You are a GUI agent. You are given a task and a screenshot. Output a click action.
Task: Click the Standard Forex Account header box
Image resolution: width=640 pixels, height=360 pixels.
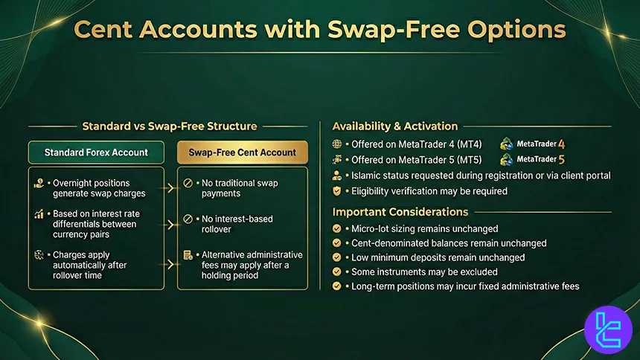coord(96,152)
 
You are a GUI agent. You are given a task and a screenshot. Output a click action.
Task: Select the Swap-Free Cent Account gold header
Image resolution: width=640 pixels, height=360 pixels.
coord(243,152)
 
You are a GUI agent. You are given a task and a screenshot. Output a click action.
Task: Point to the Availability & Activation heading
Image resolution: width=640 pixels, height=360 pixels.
coord(395,126)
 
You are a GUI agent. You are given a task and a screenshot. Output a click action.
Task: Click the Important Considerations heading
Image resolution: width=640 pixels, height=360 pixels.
coord(400,212)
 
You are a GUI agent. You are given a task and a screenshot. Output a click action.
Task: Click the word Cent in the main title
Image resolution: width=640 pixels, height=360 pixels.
coord(113,31)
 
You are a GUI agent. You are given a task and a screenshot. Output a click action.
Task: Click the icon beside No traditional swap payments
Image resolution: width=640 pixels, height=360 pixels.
coord(189,183)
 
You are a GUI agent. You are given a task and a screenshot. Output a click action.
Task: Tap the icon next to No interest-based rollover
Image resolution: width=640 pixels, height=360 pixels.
coord(189,219)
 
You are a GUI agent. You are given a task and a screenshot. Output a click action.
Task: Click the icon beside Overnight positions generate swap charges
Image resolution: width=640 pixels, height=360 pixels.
coord(38,183)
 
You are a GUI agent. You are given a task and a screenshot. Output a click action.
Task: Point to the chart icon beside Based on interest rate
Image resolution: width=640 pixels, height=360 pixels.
coord(38,215)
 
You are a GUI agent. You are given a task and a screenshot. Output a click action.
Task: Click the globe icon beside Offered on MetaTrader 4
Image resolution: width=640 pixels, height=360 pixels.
coord(338,144)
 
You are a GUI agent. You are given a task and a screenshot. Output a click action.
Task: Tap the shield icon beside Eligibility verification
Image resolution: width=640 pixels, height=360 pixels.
coord(338,191)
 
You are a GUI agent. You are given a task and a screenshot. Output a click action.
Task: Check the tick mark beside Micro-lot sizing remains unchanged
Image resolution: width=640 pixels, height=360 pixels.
coord(338,229)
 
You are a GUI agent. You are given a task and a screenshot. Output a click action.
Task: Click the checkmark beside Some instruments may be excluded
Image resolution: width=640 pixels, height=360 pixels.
coord(338,272)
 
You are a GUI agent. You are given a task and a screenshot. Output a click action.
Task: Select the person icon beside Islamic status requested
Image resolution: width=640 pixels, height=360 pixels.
coord(338,176)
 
